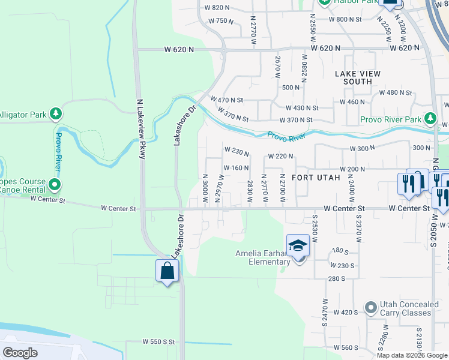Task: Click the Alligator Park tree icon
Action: coord(55,113)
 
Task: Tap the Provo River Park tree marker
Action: coord(430,119)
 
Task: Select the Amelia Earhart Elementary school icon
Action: coord(298,246)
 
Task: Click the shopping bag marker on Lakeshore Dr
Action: coord(167,272)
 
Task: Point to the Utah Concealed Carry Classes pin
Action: coord(371,308)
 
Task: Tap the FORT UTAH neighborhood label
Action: coord(316,178)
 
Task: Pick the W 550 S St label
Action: coord(158,341)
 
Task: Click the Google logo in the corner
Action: coord(20,352)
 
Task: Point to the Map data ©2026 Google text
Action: coord(412,355)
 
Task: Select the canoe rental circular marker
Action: coord(55,184)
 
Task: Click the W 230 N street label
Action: coord(237,149)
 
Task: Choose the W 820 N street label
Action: coord(217,8)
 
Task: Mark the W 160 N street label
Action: coord(236,168)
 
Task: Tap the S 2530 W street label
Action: coord(314,228)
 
